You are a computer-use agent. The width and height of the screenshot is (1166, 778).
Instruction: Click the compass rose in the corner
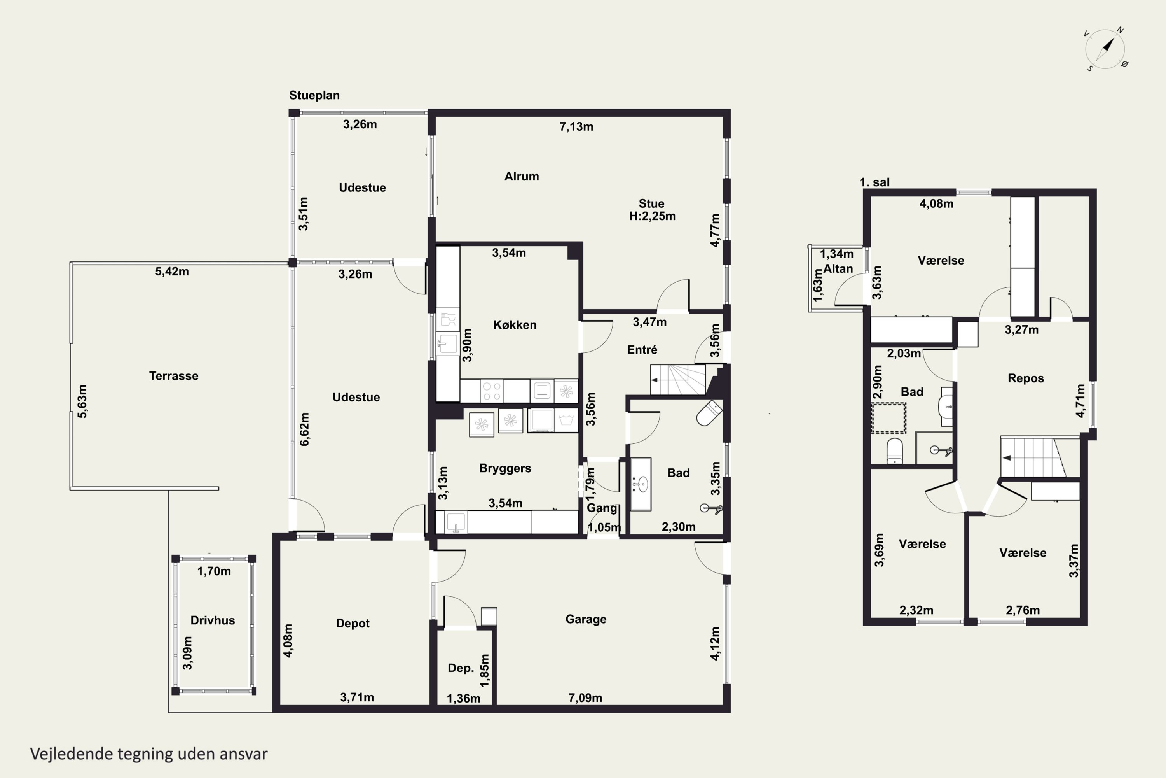tap(1105, 49)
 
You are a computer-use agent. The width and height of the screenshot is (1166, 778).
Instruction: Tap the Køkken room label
tap(515, 325)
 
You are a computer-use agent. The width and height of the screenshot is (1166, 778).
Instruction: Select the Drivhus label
tap(213, 620)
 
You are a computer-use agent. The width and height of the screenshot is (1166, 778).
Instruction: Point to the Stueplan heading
tap(314, 95)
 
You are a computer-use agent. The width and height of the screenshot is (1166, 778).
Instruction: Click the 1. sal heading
tap(874, 182)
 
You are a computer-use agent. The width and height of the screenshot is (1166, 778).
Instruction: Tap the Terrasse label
tap(173, 376)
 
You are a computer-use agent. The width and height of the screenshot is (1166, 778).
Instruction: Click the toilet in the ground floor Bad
tap(709, 413)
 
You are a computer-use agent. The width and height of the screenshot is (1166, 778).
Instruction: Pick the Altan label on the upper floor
tap(838, 269)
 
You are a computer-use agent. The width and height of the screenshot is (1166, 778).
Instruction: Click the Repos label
tap(1026, 378)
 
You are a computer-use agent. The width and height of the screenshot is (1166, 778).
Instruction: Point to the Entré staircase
tap(678, 380)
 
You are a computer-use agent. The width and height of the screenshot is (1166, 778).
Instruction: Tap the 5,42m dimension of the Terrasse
tap(172, 272)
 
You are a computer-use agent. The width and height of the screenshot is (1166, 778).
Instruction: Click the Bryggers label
tap(505, 468)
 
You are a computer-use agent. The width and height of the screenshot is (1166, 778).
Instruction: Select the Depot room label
tap(353, 623)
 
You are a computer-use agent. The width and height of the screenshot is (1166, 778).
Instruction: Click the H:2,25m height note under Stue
tap(653, 216)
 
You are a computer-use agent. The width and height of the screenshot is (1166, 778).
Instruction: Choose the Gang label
tap(602, 508)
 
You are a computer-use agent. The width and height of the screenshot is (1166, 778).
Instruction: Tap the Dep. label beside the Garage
tap(461, 668)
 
